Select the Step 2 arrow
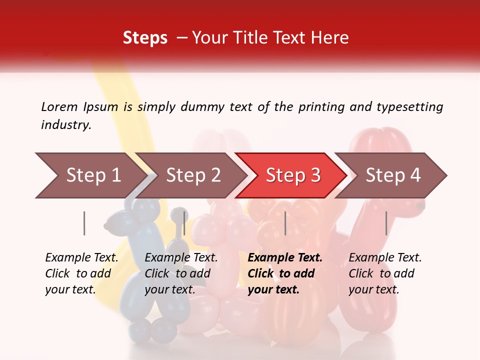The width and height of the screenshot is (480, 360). pos(192,175)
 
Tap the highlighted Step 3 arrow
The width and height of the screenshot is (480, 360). pos(292,175)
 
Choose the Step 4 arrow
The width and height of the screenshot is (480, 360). pos(392,175)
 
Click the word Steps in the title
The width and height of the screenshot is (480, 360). pos(145,38)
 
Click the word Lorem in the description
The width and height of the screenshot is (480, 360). pos(59,106)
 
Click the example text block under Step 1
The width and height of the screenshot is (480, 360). pos(81,273)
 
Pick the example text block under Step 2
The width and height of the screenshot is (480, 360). pos(181,273)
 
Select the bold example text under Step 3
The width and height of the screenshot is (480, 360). pos(285,273)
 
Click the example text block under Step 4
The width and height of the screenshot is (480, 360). pos(385,273)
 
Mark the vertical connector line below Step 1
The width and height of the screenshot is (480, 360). pos(84,223)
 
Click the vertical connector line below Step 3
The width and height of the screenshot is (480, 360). pos(285,223)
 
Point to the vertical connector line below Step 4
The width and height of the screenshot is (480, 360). pos(386,223)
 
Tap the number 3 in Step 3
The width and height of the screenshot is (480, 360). pos(315,175)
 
